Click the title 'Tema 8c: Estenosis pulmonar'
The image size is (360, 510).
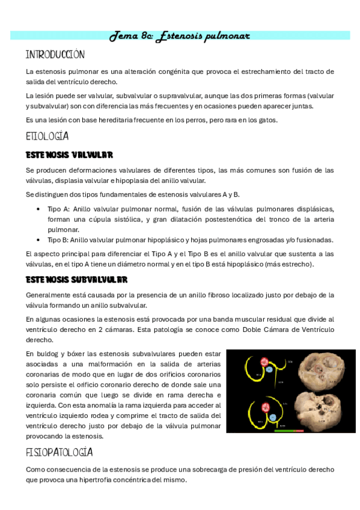179,36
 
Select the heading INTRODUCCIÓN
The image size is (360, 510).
55,55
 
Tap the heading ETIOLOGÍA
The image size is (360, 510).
47,136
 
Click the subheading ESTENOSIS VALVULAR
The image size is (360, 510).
70,155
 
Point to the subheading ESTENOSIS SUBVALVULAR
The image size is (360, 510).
76,280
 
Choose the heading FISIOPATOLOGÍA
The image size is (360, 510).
59,452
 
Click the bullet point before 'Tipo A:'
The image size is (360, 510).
39,209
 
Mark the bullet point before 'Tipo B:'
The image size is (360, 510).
39,239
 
